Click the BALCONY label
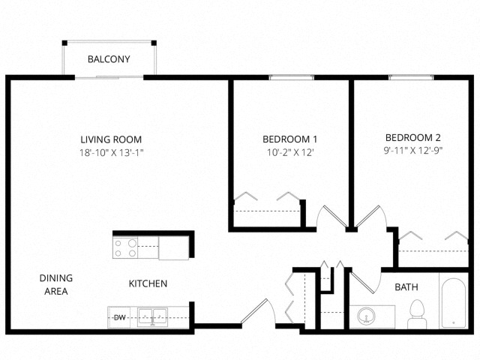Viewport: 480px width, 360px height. (x=109, y=59)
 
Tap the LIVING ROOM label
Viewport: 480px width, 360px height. (x=111, y=139)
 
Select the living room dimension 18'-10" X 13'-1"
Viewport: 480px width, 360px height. (x=112, y=152)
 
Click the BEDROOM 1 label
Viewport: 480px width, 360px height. (x=290, y=139)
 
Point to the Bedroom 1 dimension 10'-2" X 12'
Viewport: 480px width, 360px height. (x=290, y=152)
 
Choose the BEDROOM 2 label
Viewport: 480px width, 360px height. (x=413, y=138)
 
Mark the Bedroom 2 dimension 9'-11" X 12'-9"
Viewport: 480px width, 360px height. (x=413, y=151)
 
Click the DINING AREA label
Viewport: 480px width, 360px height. (x=56, y=284)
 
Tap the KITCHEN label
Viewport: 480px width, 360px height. (x=148, y=283)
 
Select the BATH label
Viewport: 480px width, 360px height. (x=406, y=287)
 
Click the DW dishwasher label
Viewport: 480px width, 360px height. (x=120, y=318)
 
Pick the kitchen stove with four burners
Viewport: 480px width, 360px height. (x=125, y=248)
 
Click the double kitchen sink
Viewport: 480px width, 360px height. (x=152, y=316)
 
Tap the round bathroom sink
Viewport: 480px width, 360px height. (x=366, y=316)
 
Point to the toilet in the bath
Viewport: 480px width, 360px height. (x=417, y=314)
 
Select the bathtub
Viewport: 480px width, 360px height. (x=454, y=303)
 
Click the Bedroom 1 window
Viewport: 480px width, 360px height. (x=292, y=77)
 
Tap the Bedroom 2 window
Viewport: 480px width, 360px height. (x=412, y=77)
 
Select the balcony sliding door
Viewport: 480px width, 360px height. (x=109, y=77)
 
